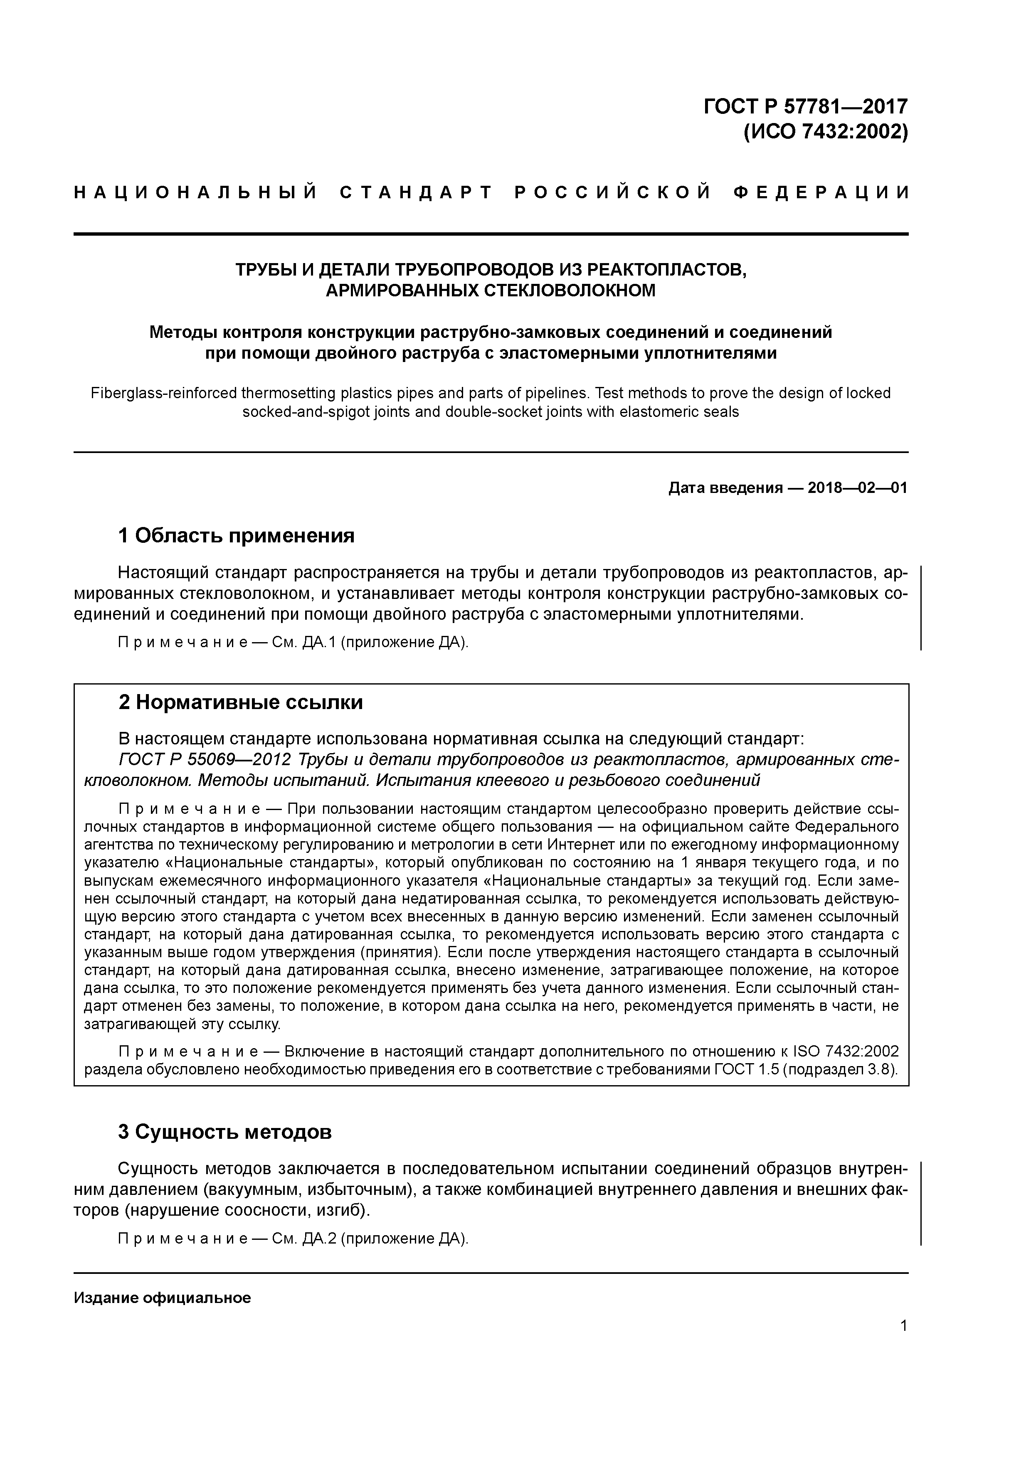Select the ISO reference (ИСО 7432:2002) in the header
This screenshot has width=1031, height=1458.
click(x=825, y=132)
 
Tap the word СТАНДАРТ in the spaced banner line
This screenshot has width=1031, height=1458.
click(x=416, y=192)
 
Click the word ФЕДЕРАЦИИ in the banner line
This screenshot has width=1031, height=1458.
click(x=822, y=192)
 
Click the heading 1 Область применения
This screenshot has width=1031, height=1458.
click(x=236, y=536)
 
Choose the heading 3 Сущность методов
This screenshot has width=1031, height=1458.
click(x=225, y=1132)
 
